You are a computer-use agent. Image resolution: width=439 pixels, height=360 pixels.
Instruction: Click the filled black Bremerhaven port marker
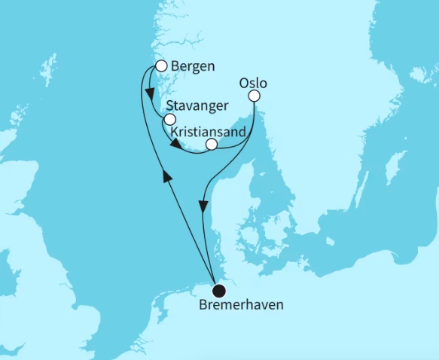click(218, 290)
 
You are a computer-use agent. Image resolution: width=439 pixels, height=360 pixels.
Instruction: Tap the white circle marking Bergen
click(160, 66)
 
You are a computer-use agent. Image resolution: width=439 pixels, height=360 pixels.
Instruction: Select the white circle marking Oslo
click(255, 96)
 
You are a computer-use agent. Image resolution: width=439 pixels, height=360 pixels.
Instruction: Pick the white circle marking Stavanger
click(170, 120)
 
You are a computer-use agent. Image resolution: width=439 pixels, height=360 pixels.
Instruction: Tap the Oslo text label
click(252, 82)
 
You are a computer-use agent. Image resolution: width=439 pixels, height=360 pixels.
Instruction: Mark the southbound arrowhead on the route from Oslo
click(203, 204)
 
